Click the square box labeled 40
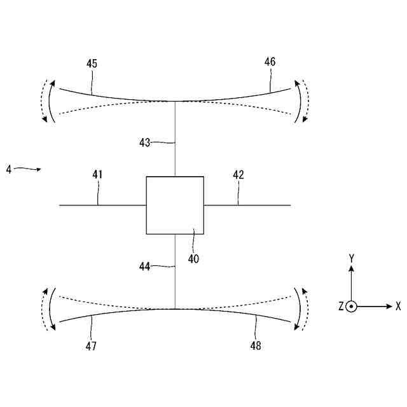(x=175, y=205)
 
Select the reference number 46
(x=270, y=62)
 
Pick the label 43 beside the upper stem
(x=145, y=142)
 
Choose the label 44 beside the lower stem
(x=145, y=267)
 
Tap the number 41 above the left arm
(x=97, y=174)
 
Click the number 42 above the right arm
(x=238, y=174)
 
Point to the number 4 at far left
(x=8, y=170)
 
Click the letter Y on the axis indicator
(x=351, y=258)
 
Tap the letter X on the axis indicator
(x=398, y=306)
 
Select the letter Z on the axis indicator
(x=341, y=307)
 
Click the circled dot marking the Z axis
(x=351, y=307)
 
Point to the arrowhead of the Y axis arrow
(x=351, y=268)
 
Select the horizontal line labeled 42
(x=248, y=205)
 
